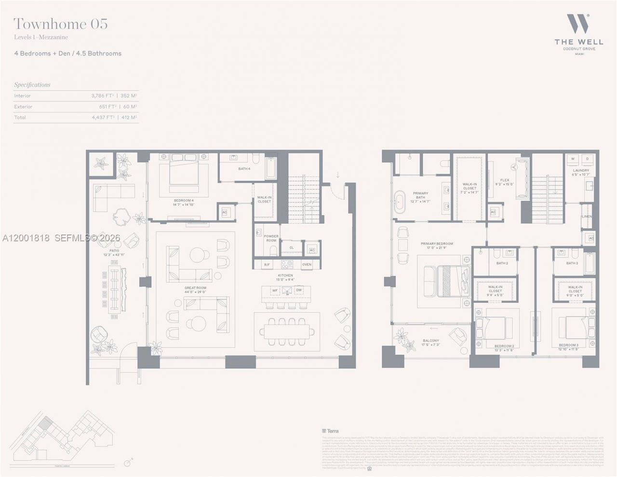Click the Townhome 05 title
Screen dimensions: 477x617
[x=61, y=24]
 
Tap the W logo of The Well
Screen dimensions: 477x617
[x=577, y=24]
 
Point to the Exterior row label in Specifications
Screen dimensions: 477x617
[x=23, y=107]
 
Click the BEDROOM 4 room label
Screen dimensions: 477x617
[x=184, y=202]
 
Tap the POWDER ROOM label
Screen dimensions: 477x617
[x=271, y=238]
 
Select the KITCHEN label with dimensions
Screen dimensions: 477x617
[x=285, y=277]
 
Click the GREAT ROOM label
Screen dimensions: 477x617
[x=195, y=290]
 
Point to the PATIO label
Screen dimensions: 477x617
[x=114, y=252]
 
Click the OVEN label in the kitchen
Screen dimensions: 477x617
[x=307, y=264]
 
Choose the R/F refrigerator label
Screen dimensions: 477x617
[x=267, y=264]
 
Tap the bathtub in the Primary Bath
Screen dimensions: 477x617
[x=400, y=201]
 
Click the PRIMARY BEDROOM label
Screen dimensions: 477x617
[x=437, y=245]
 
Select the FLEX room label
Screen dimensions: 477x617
[x=505, y=182]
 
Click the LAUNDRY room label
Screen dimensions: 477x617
[x=581, y=172]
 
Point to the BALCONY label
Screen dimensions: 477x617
[x=431, y=342]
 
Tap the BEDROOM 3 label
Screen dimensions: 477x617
[x=568, y=347]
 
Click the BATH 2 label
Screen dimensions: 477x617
[x=502, y=263]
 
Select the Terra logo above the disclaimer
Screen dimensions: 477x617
[x=330, y=431]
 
